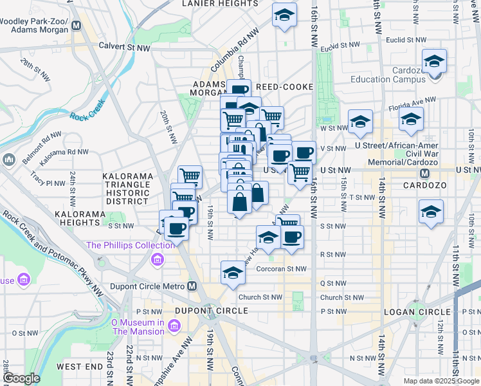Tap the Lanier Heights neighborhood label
pos(220,4)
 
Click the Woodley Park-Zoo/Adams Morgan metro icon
pos(77,26)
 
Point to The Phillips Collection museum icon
pos(156,259)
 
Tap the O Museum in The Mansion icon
pos(173,327)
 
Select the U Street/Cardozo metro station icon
pos(424,174)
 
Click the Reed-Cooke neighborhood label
pos(284,87)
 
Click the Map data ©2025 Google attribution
pos(441,381)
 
